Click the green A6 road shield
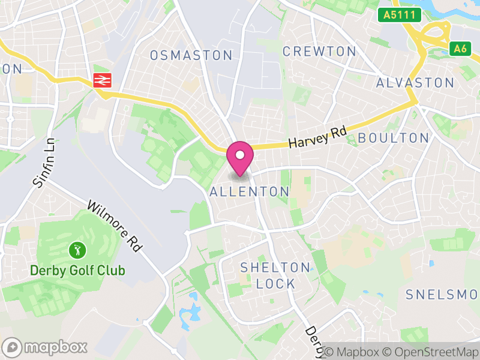[460, 49]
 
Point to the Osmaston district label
[191, 55]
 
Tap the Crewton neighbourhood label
[319, 52]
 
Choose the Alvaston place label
[415, 83]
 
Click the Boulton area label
[393, 138]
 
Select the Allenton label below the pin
[250, 192]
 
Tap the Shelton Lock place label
[275, 275]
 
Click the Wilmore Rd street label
[114, 225]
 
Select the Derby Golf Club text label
[77, 271]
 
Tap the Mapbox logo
[46, 347]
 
